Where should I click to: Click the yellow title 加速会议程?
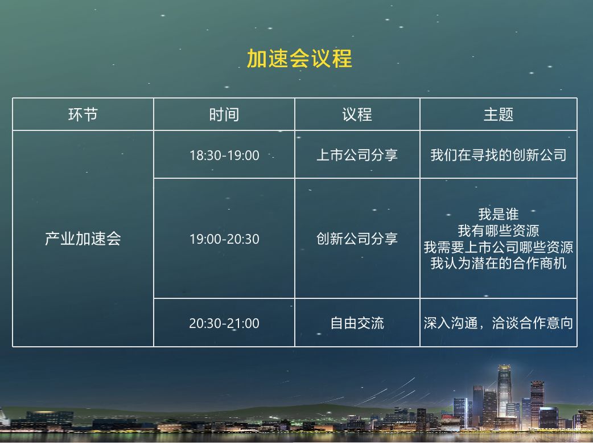299,59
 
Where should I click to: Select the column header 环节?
83,114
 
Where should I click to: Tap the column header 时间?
224,114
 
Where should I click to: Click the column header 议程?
357,114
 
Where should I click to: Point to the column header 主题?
498,114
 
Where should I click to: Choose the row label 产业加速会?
83,239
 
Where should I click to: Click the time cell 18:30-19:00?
224,155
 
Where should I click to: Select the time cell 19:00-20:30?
224,239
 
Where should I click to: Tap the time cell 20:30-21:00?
224,323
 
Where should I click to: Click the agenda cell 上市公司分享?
357,155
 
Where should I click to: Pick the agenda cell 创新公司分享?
357,239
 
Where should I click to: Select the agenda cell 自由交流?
357,323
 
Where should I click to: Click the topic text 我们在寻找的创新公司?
499,155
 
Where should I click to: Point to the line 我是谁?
499,214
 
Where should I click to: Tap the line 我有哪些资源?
499,231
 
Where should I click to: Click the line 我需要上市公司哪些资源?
499,247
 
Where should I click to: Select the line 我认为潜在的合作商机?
499,263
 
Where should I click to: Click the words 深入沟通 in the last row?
450,323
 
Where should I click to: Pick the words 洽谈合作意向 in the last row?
533,323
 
